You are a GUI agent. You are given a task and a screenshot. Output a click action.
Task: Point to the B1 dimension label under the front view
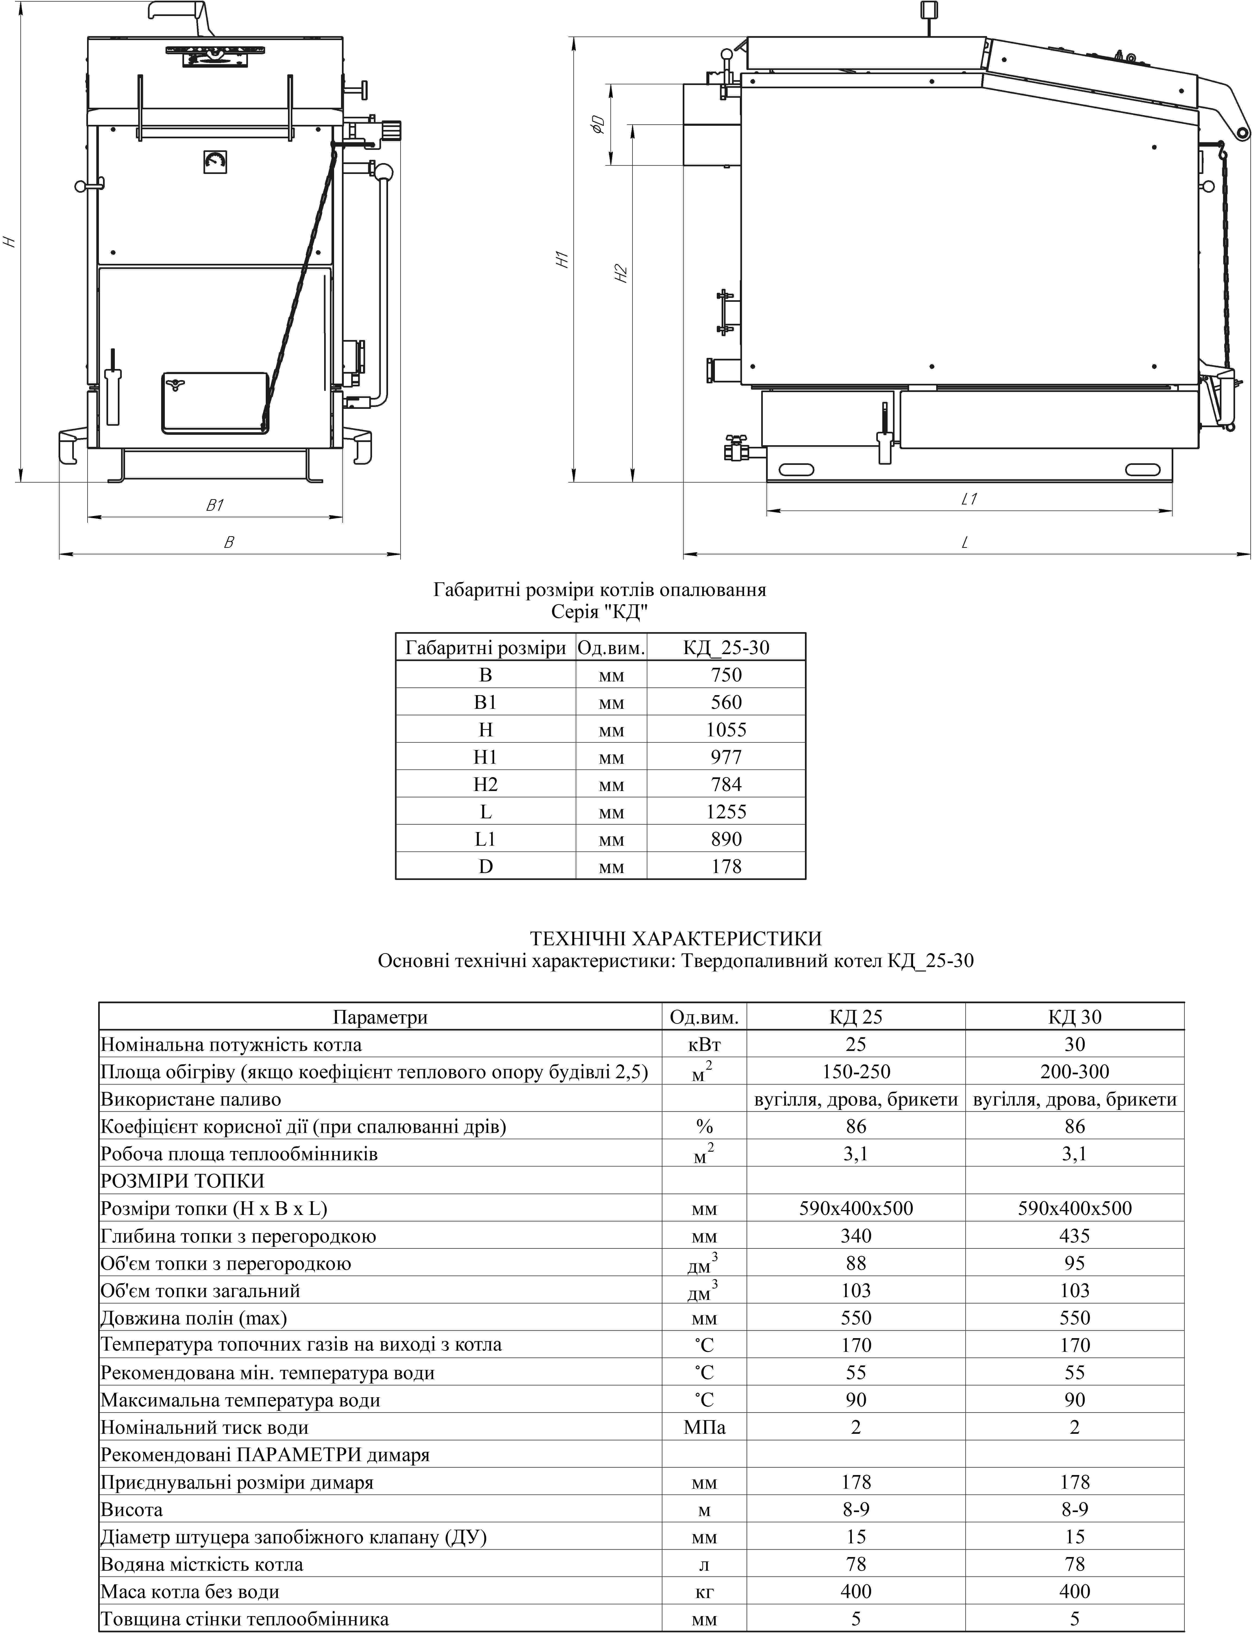click(215, 506)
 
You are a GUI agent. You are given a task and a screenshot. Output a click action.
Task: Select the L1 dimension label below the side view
click(969, 500)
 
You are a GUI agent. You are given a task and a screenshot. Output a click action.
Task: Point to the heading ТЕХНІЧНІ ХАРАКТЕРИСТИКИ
click(675, 938)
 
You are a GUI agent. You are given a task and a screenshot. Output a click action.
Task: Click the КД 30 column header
click(1074, 1017)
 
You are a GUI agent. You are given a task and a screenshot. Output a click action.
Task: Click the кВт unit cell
click(704, 1045)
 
